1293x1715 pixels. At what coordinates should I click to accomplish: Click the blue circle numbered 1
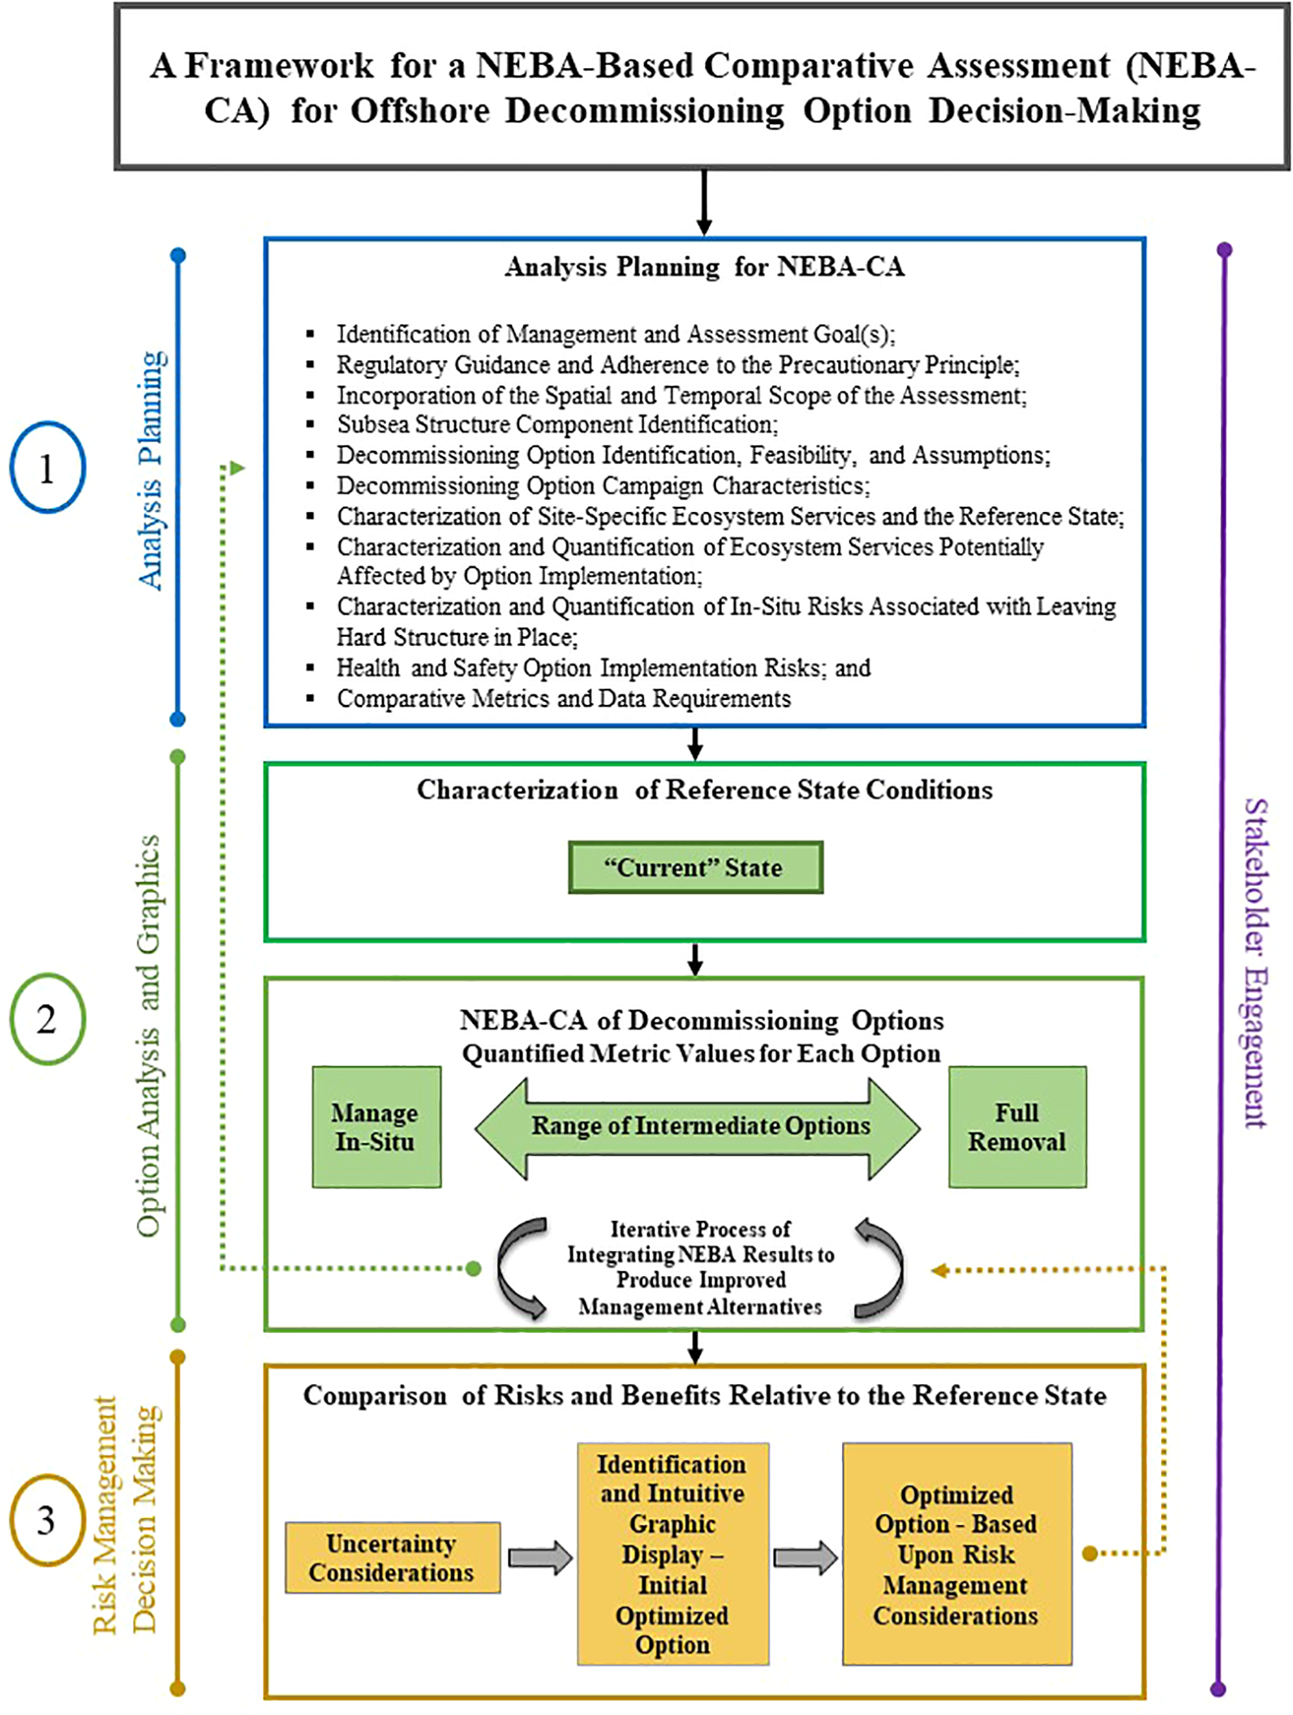click(47, 468)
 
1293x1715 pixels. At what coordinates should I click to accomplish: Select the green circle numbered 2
click(47, 1019)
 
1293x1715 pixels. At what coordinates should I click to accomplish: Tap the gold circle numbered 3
click(47, 1520)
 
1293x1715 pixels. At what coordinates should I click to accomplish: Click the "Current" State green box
click(695, 867)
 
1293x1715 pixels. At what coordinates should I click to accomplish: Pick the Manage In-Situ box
click(376, 1127)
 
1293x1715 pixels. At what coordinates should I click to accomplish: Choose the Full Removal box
click(1017, 1127)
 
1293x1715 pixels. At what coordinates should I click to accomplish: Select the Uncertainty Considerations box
click(392, 1558)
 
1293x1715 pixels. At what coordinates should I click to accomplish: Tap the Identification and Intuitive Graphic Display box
click(672, 1554)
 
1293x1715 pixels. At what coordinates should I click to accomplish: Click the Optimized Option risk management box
click(956, 1554)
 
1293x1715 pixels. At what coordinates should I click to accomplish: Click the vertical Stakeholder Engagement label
click(1255, 963)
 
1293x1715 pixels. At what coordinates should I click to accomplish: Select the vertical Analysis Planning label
click(151, 471)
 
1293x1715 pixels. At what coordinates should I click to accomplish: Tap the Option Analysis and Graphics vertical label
click(148, 1036)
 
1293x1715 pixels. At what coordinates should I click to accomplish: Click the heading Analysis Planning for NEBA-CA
click(704, 266)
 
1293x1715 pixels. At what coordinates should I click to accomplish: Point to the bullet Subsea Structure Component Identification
click(557, 424)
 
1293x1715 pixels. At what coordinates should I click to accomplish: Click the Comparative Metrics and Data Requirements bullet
click(563, 698)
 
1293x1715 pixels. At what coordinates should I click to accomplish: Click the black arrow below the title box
click(704, 203)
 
